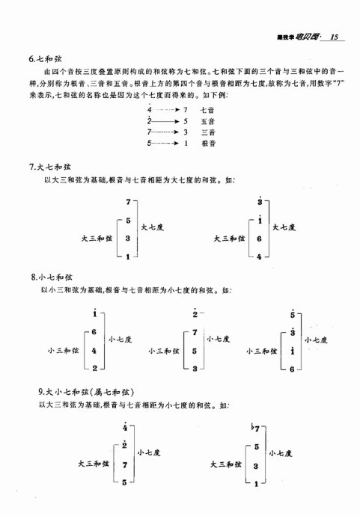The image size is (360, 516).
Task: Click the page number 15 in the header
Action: coord(335,37)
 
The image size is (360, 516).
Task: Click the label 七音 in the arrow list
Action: coord(208,110)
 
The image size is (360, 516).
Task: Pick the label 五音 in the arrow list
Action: coord(208,120)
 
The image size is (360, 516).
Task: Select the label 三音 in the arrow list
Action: coord(208,132)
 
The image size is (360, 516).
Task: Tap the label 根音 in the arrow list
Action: coord(208,142)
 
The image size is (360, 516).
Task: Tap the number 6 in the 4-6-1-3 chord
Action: coord(258,239)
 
